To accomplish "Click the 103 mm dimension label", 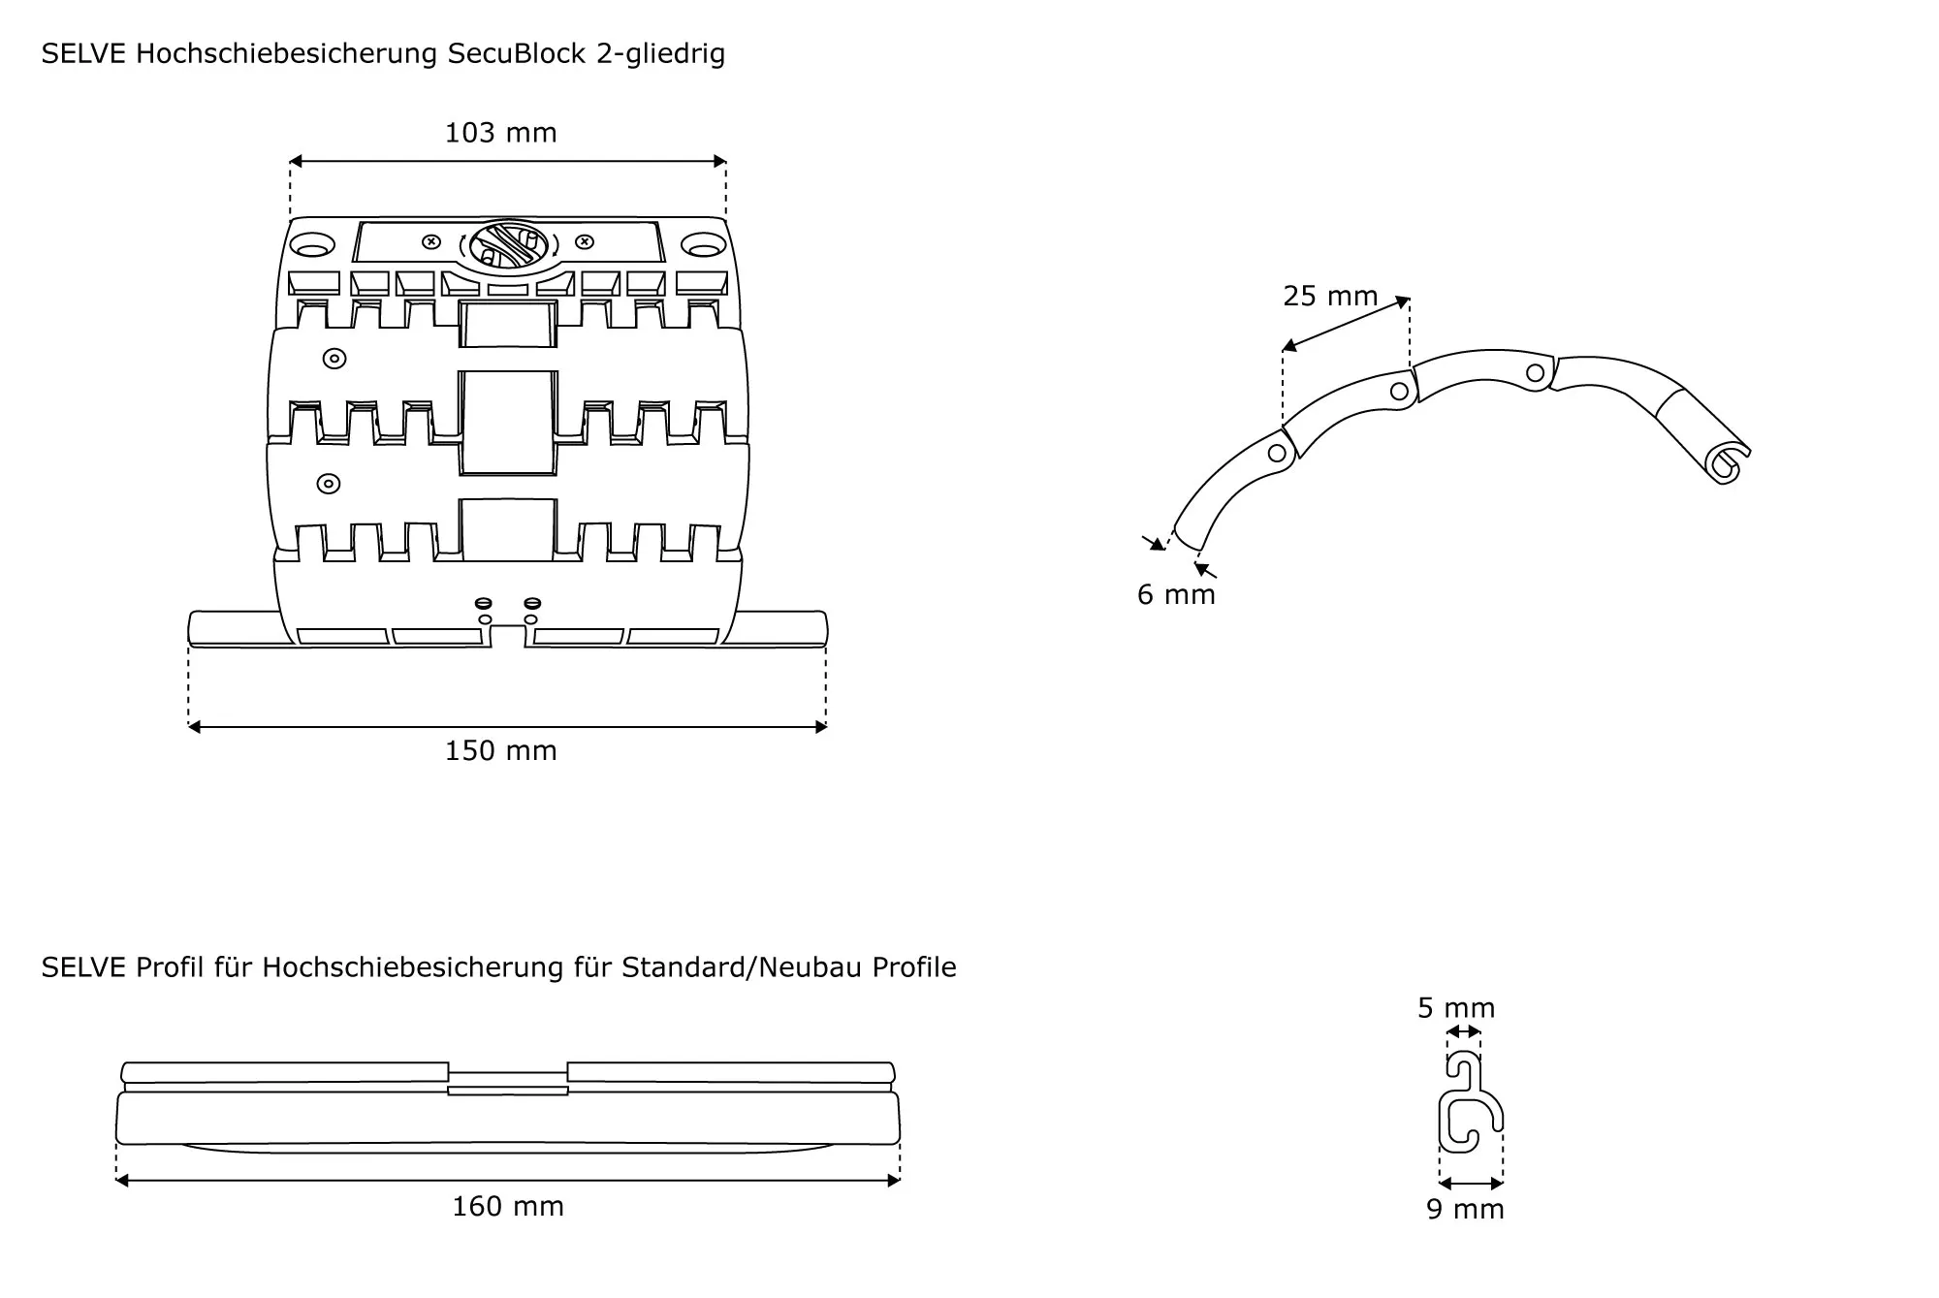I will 500,133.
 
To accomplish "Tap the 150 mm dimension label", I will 500,751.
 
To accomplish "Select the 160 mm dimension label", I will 508,1207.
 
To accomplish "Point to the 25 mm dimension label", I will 1330,297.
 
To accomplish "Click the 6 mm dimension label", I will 1176,595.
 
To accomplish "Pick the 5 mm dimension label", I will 1456,1009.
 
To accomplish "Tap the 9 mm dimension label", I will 1465,1211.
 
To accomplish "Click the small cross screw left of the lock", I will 432,241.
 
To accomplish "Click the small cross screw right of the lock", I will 584,241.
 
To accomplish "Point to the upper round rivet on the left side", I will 334,359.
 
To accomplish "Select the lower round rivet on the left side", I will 330,483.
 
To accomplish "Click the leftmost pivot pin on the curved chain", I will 1277,453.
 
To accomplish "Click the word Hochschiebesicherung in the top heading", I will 287,54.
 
